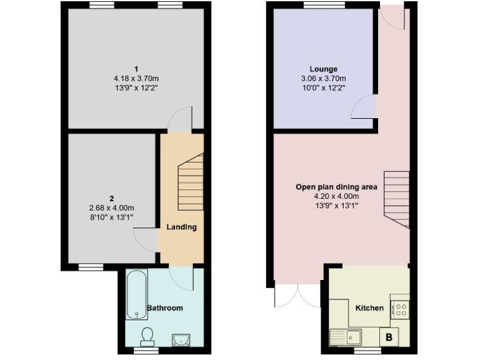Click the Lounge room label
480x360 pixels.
coord(323,69)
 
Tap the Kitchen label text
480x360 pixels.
coord(369,308)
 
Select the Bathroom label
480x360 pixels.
coord(164,308)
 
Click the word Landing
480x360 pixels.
coord(181,227)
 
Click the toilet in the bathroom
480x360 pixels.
coord(147,337)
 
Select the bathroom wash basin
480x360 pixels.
coord(181,339)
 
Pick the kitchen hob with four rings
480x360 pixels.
coord(399,308)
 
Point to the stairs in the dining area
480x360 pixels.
coord(396,200)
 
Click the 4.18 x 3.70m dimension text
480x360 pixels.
coord(136,79)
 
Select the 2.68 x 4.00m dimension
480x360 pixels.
coord(112,208)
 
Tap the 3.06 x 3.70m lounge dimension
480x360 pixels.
coord(323,79)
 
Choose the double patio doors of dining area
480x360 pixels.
coord(297,295)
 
